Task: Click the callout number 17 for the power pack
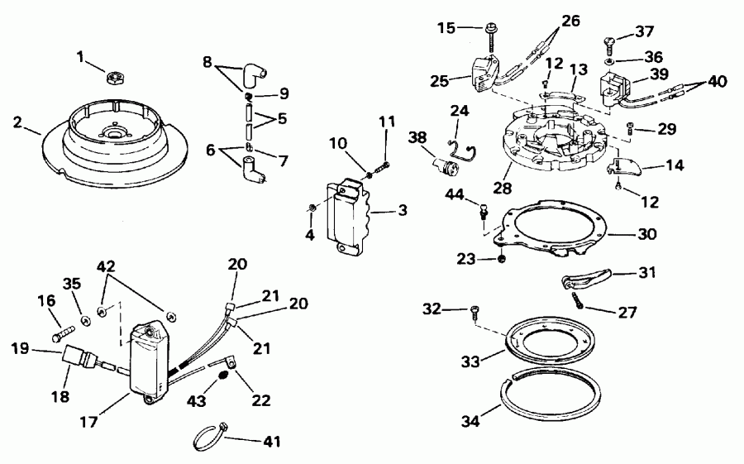click(x=88, y=420)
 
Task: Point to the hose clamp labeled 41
click(x=210, y=436)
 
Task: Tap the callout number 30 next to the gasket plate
click(x=647, y=234)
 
